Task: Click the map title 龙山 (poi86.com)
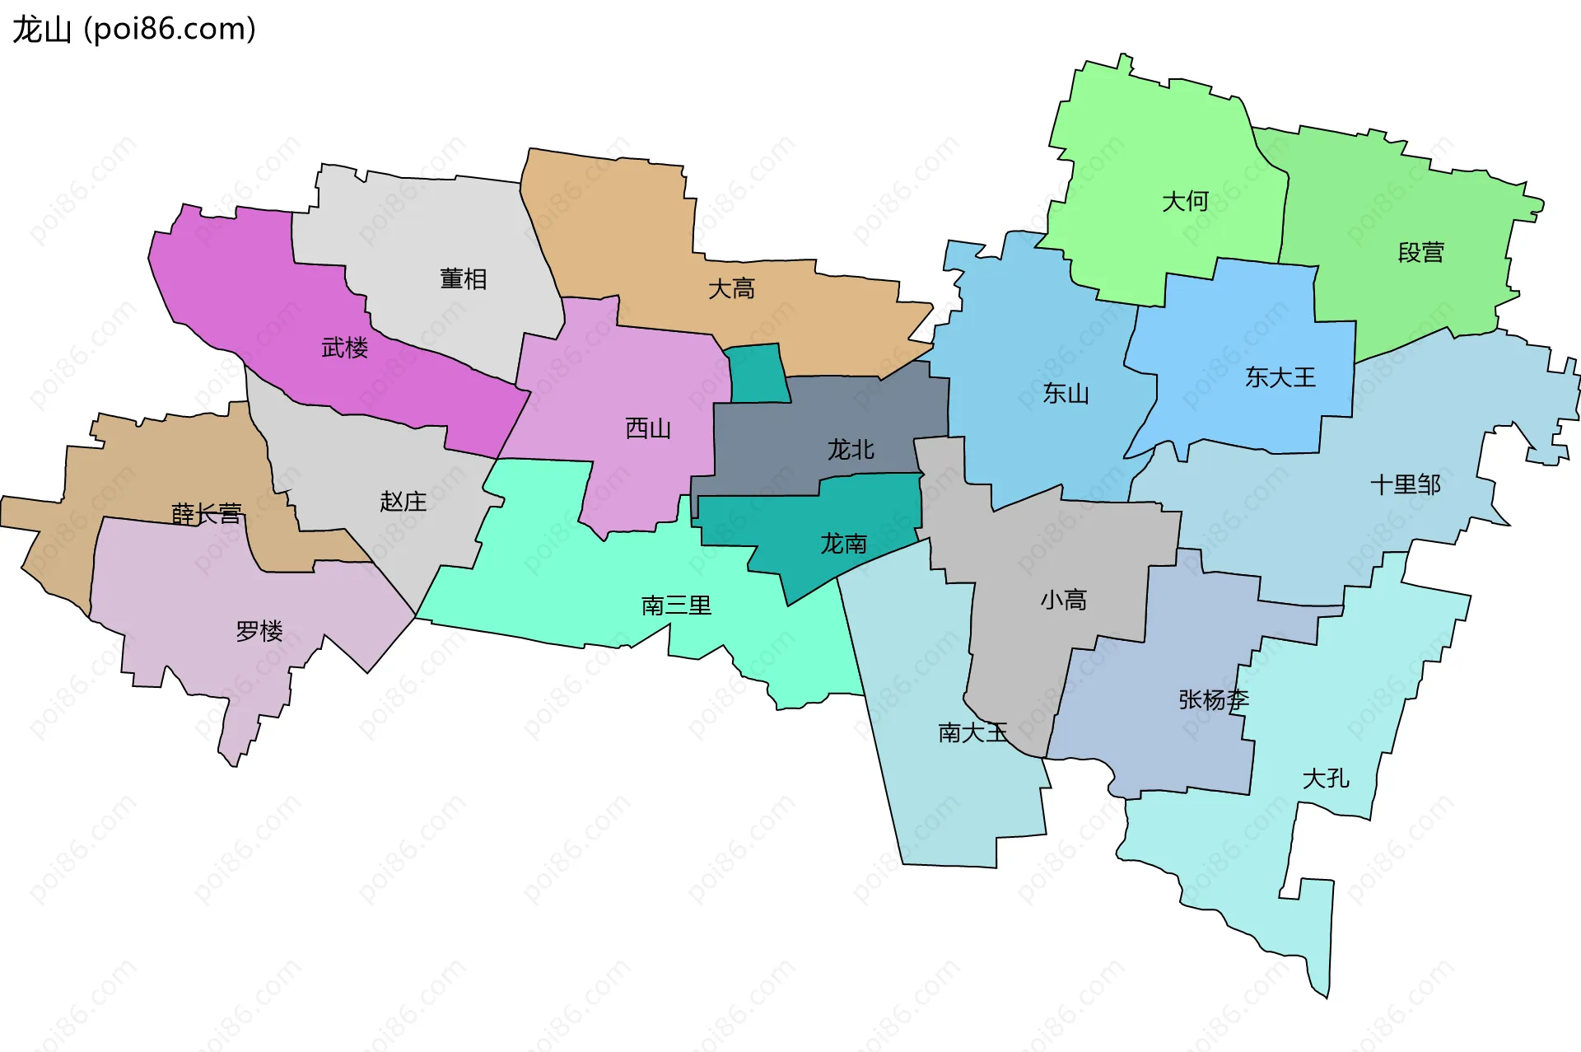[134, 30]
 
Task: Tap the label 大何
[1185, 201]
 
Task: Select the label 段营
[1420, 252]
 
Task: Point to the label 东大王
[1280, 377]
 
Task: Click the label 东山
[1066, 394]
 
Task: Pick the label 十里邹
[1405, 484]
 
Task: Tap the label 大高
[731, 289]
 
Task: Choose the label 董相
[463, 279]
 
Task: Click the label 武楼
[344, 348]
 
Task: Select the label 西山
[648, 428]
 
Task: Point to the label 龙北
[851, 450]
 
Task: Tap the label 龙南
[843, 544]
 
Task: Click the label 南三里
[676, 605]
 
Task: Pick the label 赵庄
[403, 501]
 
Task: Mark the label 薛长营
[206, 514]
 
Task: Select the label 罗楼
[259, 631]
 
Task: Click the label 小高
[1063, 600]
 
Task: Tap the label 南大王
[972, 732]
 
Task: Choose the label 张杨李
[1213, 700]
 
